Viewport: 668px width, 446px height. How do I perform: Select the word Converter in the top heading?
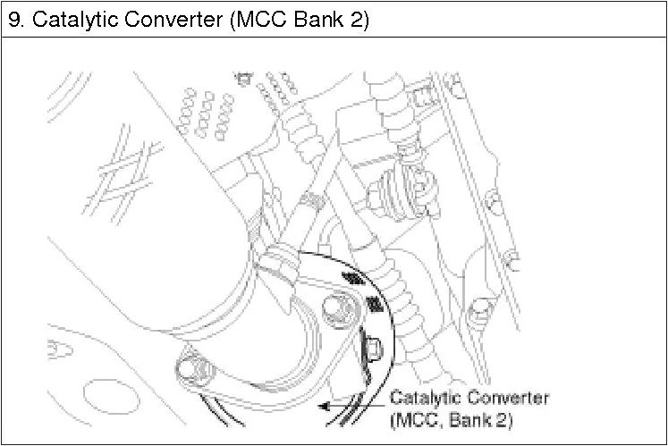click(x=170, y=19)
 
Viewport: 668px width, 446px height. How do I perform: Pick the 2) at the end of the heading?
click(x=358, y=19)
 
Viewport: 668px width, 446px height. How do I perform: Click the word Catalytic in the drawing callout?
click(x=423, y=398)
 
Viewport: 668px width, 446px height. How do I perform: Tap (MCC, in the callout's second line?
click(x=419, y=417)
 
